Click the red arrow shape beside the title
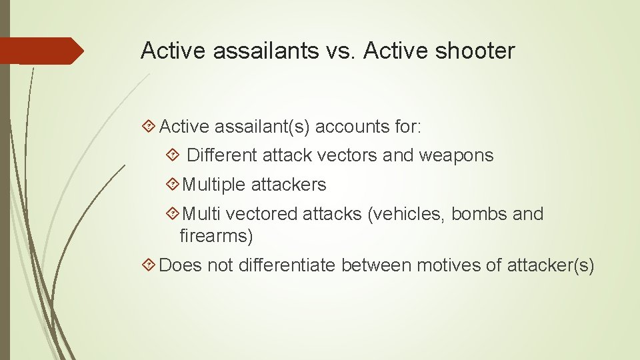(41, 51)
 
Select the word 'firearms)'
(216, 235)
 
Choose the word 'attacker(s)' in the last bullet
(550, 265)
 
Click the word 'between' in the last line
(376, 265)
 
